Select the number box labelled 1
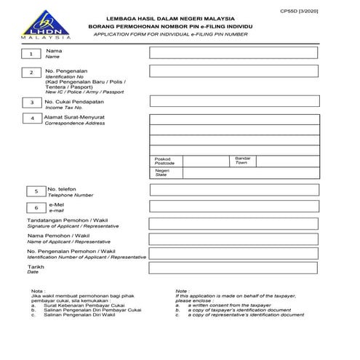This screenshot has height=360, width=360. (x=31, y=54)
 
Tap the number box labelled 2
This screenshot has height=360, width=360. (x=31, y=73)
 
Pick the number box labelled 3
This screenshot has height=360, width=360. (x=31, y=103)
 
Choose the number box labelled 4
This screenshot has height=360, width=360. (x=31, y=118)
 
